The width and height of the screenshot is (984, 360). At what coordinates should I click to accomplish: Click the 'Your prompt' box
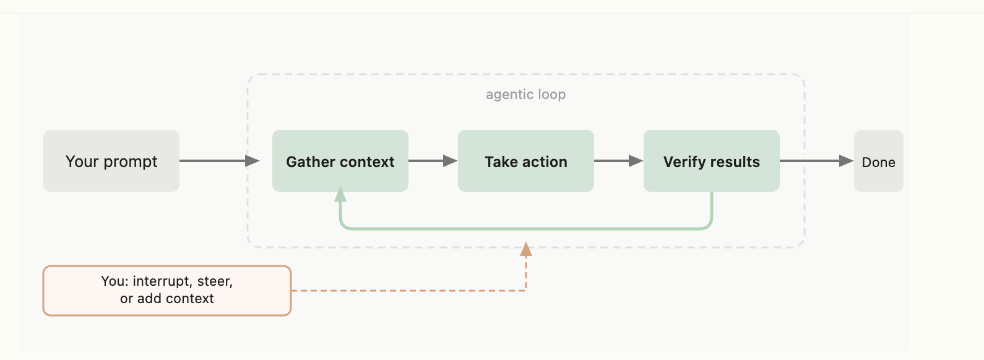tap(111, 161)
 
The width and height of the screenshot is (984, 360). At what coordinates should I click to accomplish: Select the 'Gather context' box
tap(340, 161)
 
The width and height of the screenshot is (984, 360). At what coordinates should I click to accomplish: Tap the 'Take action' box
tap(526, 161)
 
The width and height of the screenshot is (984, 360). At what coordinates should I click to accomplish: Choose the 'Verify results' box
tap(712, 161)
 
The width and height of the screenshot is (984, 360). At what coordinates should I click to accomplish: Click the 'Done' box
tap(879, 161)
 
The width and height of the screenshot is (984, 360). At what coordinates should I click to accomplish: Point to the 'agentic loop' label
tap(525, 94)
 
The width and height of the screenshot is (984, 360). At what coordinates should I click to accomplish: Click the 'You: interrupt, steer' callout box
tap(167, 291)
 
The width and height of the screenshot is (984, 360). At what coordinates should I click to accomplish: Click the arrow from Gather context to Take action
tap(433, 161)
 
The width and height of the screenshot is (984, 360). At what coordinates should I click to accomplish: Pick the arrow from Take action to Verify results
tap(618, 161)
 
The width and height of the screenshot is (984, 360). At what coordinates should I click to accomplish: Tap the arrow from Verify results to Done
tap(816, 161)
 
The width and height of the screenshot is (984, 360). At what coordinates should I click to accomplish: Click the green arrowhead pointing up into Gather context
tap(340, 195)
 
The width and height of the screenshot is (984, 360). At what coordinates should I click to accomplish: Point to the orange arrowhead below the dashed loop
tap(526, 249)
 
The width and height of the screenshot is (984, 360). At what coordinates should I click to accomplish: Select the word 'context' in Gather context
tap(365, 162)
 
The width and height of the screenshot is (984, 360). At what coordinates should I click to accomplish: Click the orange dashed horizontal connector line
tap(408, 290)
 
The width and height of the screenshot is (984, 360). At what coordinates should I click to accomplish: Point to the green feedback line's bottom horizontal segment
tap(526, 229)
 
